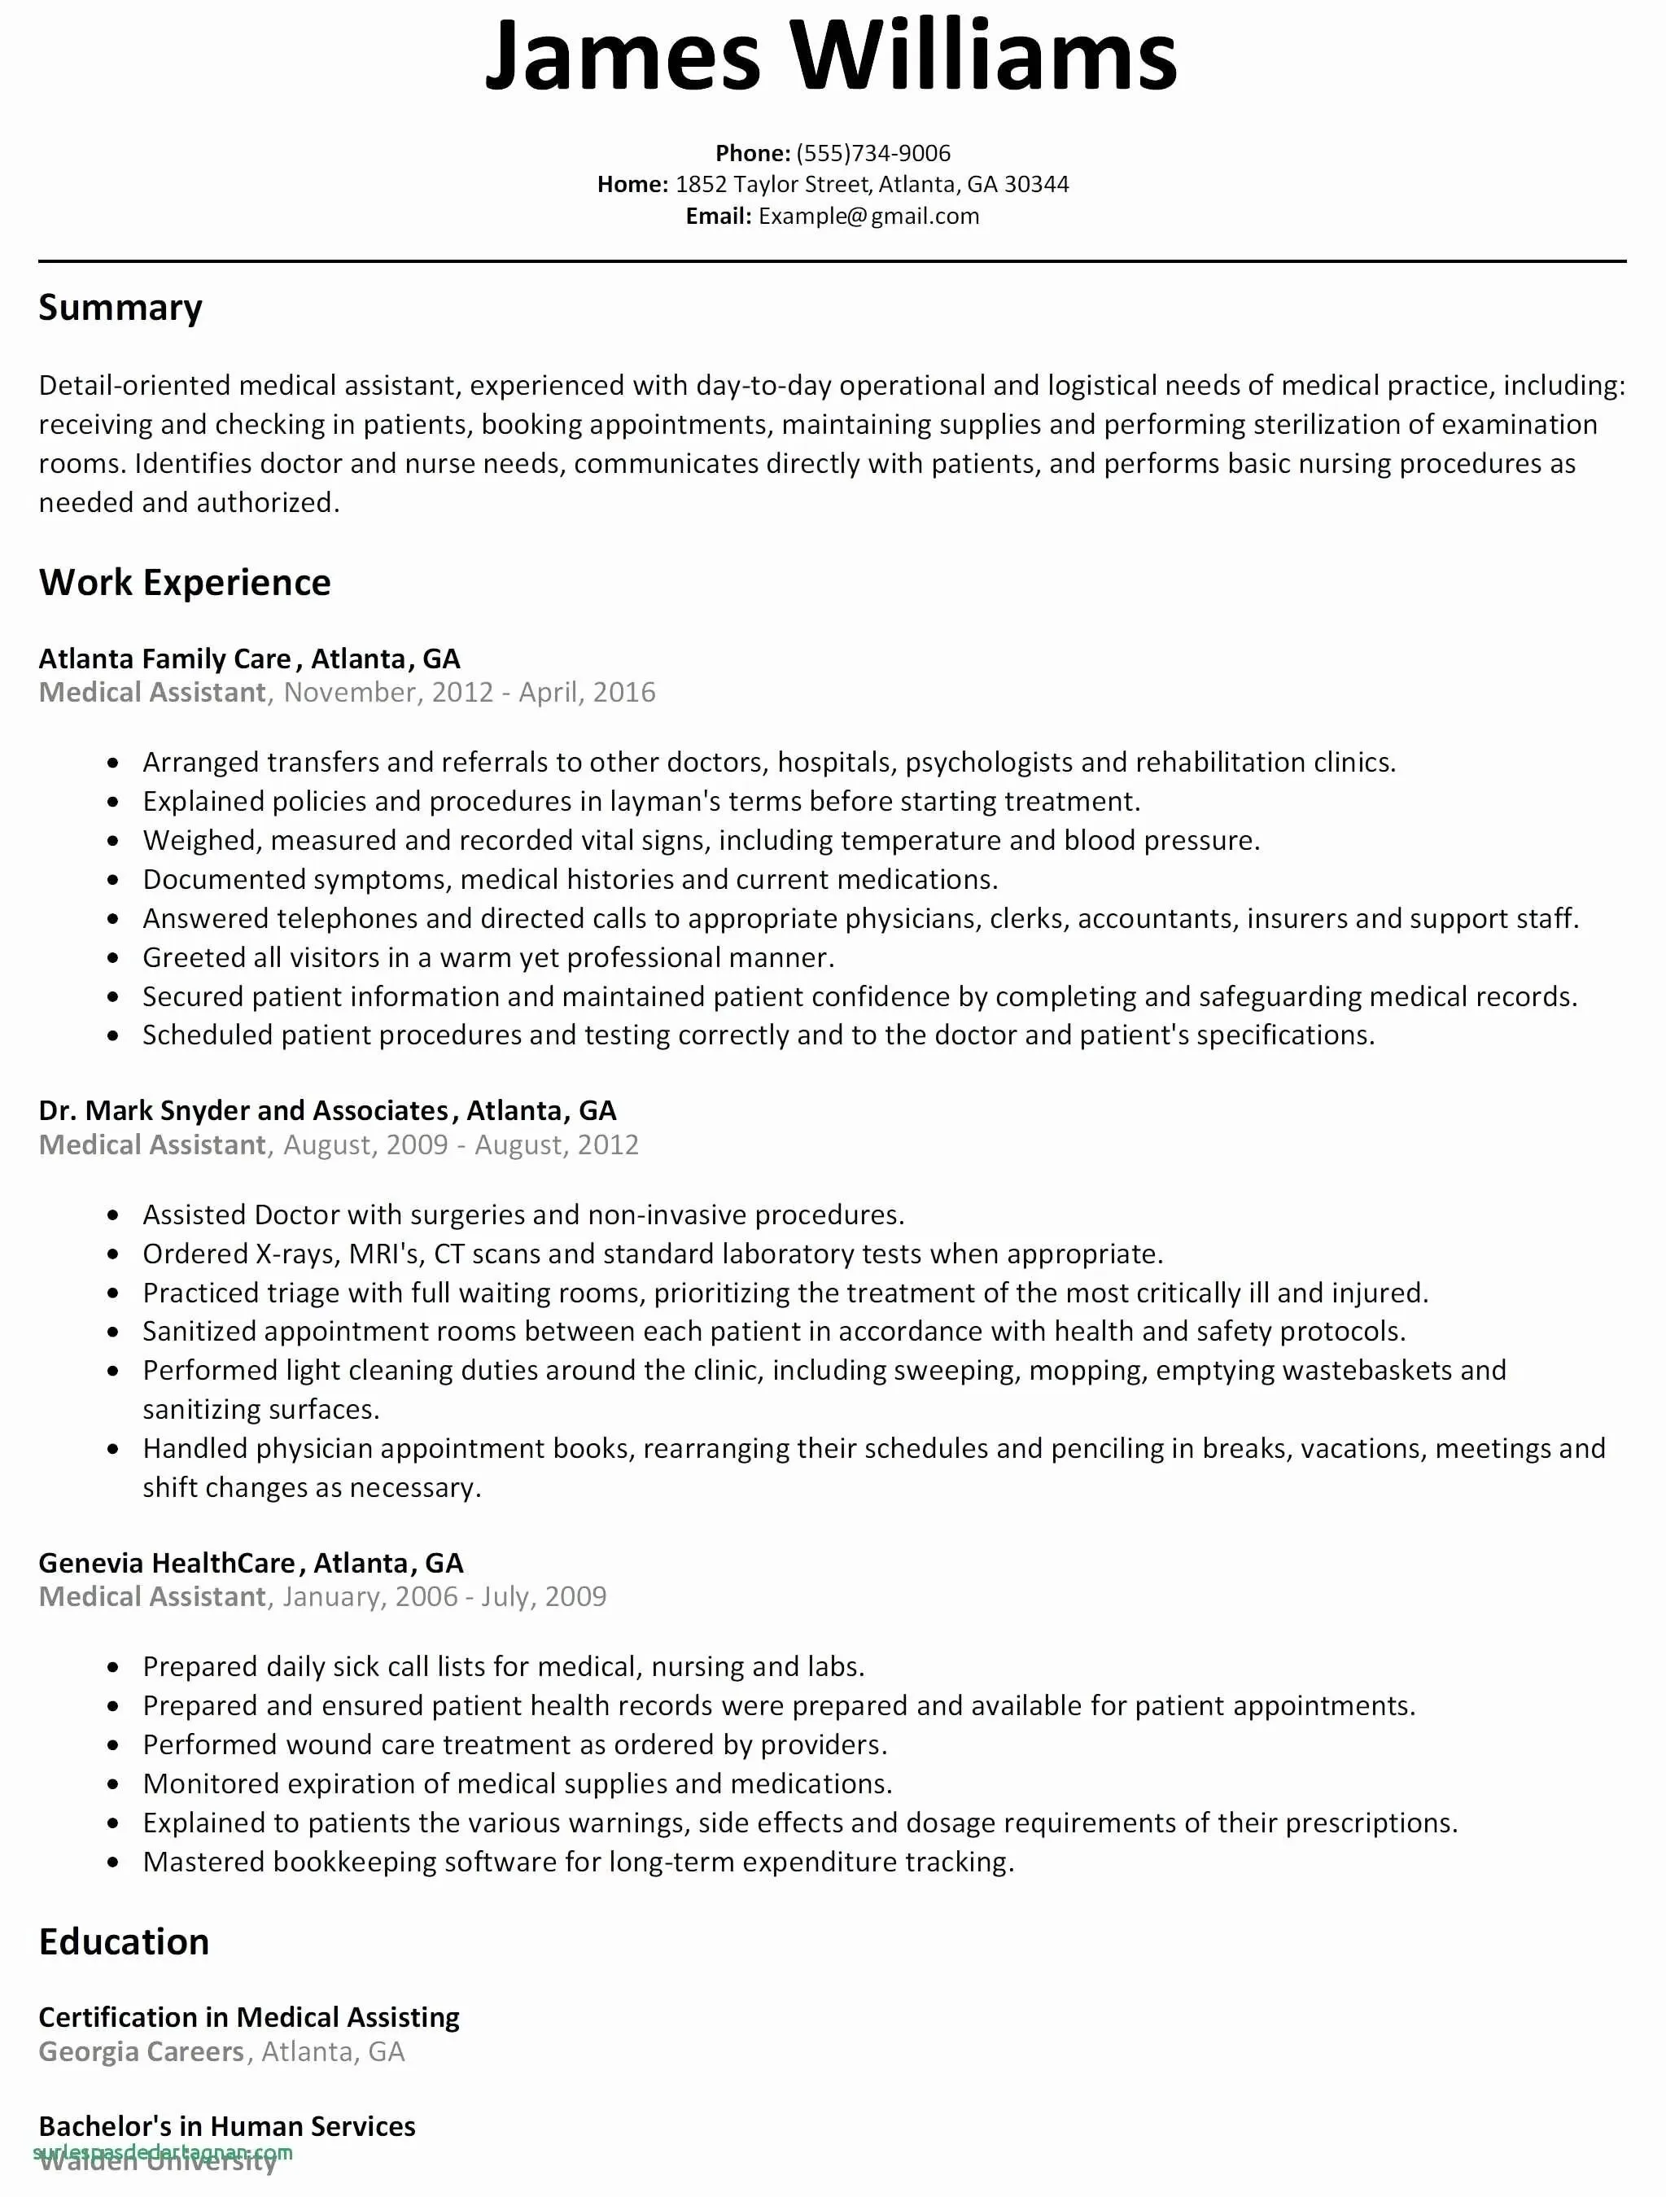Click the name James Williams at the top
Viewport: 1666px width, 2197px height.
coord(830,57)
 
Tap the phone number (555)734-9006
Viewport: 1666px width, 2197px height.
coord(872,153)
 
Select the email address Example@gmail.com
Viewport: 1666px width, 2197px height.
coord(868,217)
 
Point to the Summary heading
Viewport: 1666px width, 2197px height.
coord(120,308)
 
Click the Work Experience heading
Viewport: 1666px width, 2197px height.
coord(185,582)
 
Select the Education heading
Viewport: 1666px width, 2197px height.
coord(124,1941)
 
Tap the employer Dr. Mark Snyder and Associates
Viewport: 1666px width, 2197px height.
coord(243,1110)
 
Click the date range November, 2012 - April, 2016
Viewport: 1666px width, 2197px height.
coord(469,692)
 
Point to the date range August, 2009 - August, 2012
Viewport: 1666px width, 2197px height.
coord(461,1144)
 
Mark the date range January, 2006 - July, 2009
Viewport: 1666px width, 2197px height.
coord(444,1596)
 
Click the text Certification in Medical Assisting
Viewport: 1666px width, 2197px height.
coord(249,2017)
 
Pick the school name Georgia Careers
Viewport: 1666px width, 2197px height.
coord(141,2051)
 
